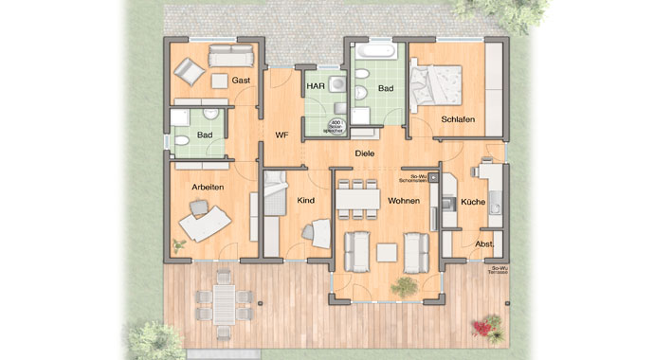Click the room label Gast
(242, 81)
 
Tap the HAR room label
(316, 86)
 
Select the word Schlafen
(458, 118)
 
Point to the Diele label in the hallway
(364, 153)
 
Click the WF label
(282, 135)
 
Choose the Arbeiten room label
(208, 188)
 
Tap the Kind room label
(305, 201)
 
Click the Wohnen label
(404, 201)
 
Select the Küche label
(473, 202)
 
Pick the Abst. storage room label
(484, 243)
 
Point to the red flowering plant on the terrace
(487, 327)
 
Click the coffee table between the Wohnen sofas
(386, 250)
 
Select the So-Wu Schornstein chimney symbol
(434, 177)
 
